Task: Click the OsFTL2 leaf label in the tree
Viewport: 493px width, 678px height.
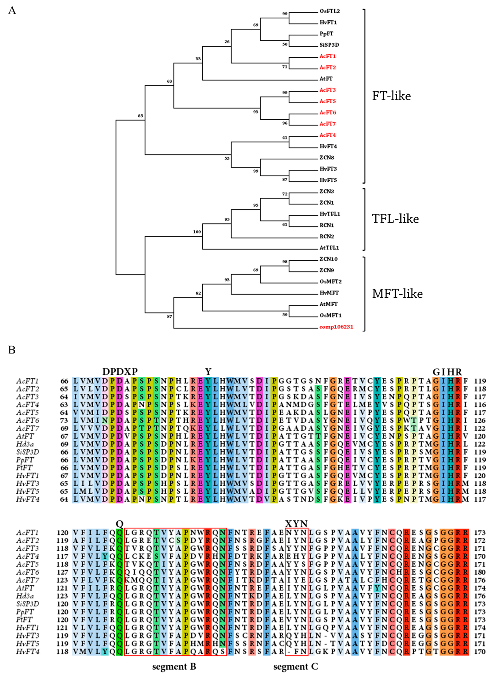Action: [x=330, y=11]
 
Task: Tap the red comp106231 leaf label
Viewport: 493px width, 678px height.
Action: [x=336, y=327]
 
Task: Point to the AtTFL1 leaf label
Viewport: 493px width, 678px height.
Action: [x=329, y=248]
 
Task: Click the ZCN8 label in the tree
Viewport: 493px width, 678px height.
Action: [x=327, y=158]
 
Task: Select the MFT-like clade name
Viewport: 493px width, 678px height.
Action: [x=397, y=294]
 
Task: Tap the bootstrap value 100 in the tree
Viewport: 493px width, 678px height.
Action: [x=197, y=232]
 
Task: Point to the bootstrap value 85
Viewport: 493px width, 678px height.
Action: [x=140, y=116]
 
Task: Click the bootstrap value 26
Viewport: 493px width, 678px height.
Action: [x=227, y=42]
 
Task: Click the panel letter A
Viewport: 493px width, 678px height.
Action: [x=12, y=11]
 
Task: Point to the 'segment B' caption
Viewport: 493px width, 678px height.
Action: [x=174, y=667]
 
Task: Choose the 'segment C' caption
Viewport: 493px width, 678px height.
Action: [x=296, y=667]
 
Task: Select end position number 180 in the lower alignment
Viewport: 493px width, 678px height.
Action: [x=480, y=572]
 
